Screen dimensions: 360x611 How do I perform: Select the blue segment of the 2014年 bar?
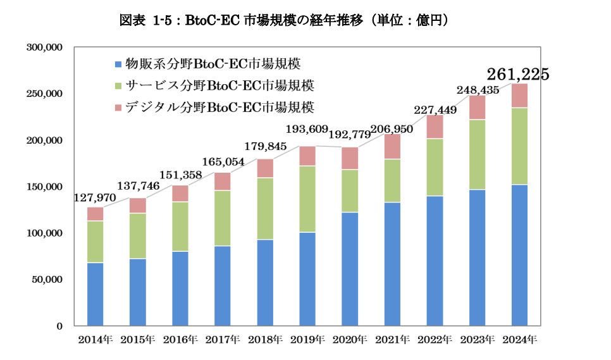point(96,294)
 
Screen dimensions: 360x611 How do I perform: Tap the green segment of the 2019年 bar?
point(307,199)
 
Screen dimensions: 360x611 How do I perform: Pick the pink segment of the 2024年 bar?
point(519,96)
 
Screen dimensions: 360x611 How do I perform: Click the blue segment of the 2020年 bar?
point(350,268)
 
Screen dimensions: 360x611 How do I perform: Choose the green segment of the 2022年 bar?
point(435,167)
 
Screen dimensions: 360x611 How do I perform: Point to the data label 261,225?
point(517,75)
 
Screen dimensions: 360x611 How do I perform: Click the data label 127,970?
point(95,197)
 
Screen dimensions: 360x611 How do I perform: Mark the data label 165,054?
point(223,162)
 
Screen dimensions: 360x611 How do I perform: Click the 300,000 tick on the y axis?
point(44,47)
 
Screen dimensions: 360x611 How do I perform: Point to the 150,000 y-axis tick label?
point(44,187)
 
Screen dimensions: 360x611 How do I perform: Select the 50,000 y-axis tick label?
point(47,280)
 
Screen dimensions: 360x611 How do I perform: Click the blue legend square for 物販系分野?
point(117,65)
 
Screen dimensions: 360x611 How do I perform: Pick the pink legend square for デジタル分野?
point(117,108)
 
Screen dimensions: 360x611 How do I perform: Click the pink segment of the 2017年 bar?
point(223,182)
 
